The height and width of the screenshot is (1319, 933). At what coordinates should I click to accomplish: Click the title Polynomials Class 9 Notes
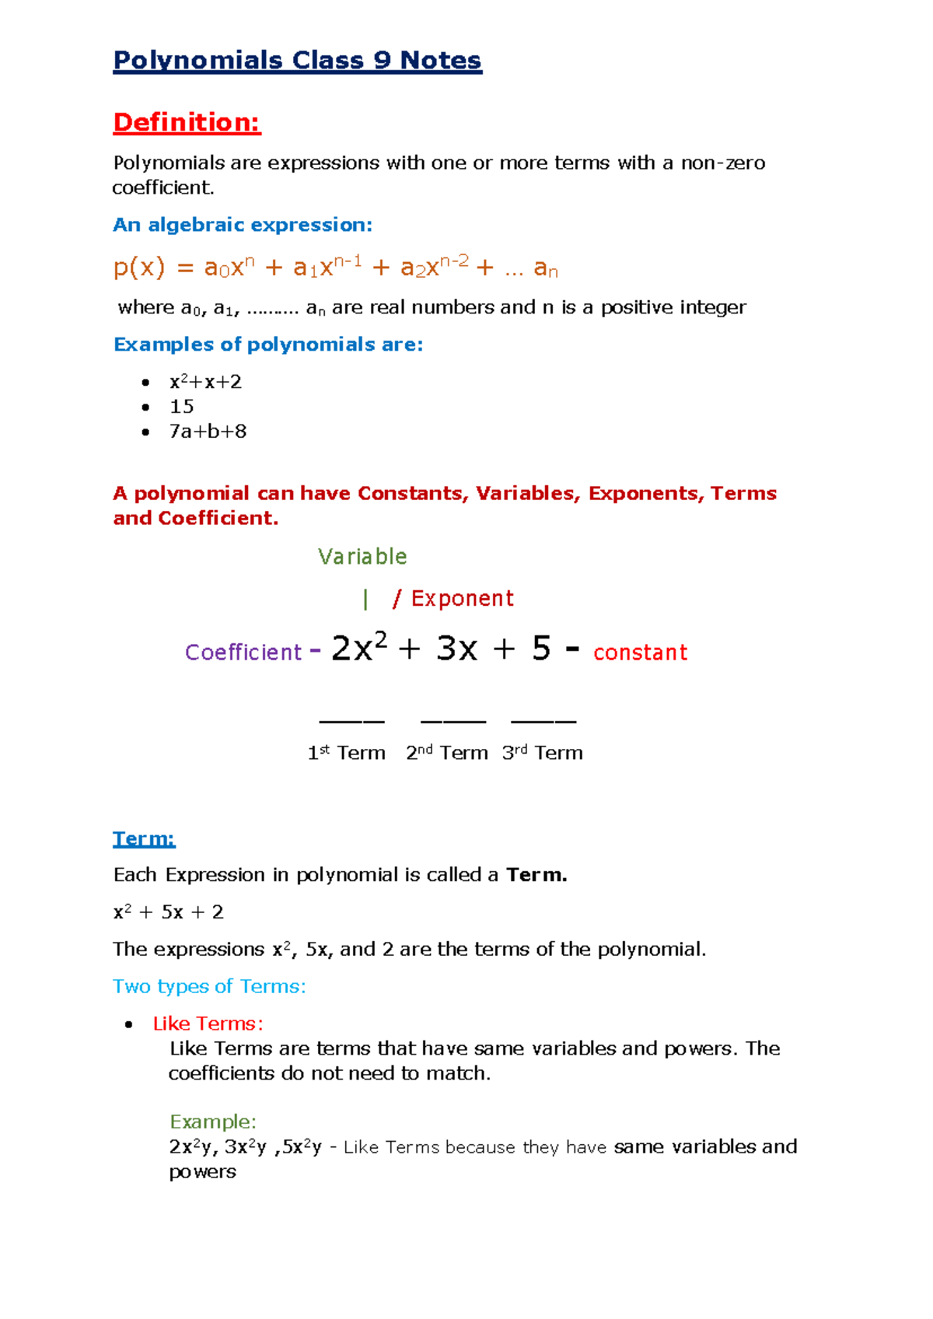coord(297,61)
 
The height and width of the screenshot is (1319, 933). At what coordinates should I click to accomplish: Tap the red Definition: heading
coord(187,122)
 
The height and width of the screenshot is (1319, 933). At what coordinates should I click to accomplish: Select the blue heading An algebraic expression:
coord(243,225)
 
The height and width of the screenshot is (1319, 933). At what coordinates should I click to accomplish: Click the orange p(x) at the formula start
coord(139,268)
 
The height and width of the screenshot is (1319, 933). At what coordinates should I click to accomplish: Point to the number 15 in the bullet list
coord(182,407)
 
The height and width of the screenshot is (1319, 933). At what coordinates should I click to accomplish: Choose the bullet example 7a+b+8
coord(208,432)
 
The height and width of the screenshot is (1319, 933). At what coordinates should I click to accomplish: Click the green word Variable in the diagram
coord(362,557)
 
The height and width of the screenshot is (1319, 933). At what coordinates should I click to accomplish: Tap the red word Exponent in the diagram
coord(462,598)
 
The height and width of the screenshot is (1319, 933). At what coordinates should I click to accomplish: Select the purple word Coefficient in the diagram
coord(243,652)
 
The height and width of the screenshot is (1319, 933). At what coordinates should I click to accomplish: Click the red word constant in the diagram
coord(640,652)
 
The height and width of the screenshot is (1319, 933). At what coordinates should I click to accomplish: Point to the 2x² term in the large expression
coord(358,648)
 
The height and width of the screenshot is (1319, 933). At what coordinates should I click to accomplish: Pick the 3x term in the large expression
coord(456,649)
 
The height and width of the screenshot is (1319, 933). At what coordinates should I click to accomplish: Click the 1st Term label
coord(346,753)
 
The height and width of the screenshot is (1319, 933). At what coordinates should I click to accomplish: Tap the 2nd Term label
coord(447,753)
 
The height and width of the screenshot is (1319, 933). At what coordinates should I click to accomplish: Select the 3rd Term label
coord(542,753)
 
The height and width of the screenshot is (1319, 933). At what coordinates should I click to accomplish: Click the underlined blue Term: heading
coord(144,838)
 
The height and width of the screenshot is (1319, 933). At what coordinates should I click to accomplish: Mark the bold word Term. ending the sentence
coord(536,875)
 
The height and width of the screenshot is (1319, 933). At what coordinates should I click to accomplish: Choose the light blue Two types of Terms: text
coord(209,986)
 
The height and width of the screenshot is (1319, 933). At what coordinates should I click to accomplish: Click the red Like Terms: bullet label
coord(208,1023)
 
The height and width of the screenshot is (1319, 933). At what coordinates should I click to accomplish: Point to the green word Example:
coord(212,1121)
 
